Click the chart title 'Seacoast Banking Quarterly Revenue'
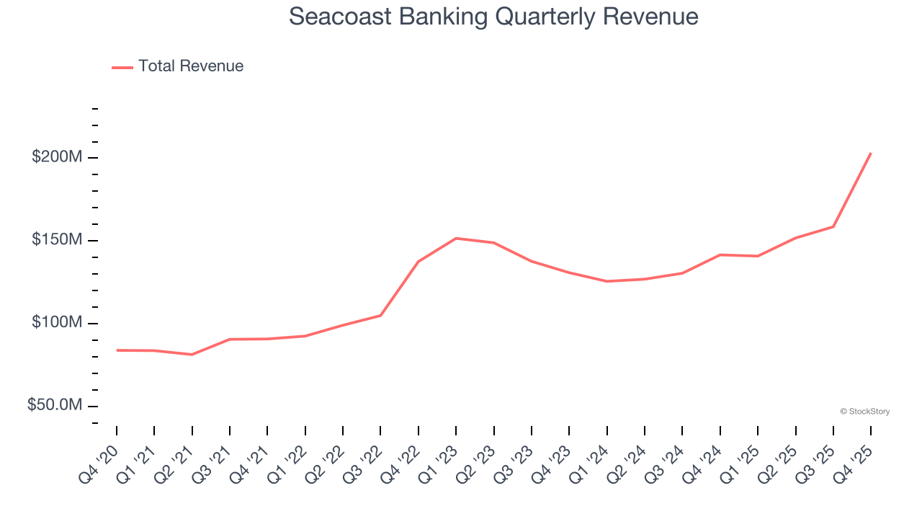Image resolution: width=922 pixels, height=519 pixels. [493, 17]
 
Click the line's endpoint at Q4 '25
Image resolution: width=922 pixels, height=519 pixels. [871, 153]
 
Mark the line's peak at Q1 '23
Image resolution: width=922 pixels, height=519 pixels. [456, 238]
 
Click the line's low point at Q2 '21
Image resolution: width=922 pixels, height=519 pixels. [192, 355]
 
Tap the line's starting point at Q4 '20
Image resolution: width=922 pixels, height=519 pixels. [117, 350]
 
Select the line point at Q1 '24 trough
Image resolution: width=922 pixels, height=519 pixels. [607, 281]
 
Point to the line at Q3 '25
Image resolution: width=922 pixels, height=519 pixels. [833, 227]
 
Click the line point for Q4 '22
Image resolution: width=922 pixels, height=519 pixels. [419, 262]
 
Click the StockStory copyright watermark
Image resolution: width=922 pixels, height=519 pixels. [864, 412]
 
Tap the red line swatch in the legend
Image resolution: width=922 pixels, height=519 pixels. [122, 67]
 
